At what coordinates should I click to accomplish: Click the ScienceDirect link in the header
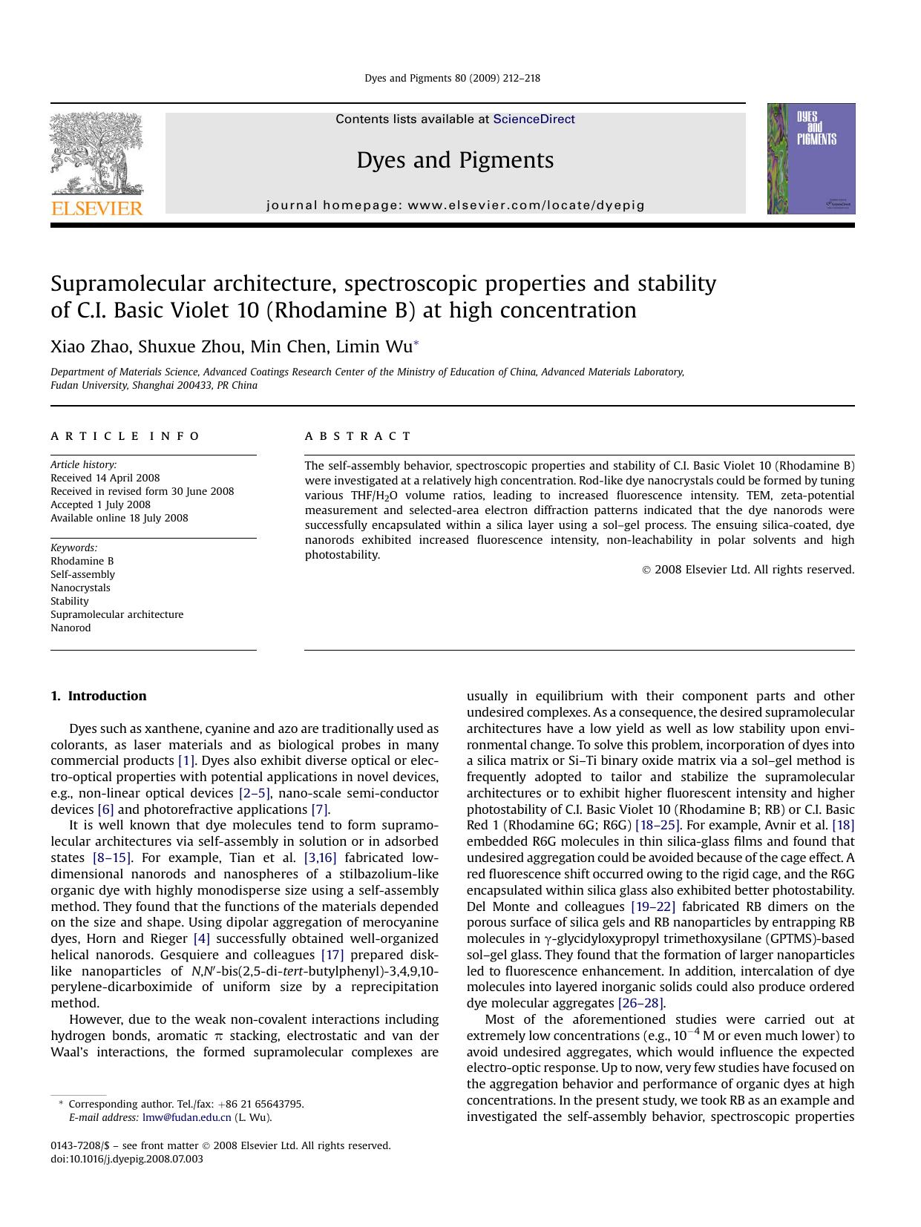tap(534, 119)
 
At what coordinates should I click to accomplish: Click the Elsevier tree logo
tap(96, 154)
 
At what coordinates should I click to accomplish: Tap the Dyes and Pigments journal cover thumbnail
tap(810, 159)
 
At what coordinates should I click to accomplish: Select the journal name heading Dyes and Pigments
tap(455, 160)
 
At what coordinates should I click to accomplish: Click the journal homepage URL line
tap(455, 205)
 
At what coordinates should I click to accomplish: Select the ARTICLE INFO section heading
tap(125, 436)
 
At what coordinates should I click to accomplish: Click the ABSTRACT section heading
tap(358, 436)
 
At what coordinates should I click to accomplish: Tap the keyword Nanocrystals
tap(80, 588)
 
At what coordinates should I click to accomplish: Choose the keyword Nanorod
tap(71, 628)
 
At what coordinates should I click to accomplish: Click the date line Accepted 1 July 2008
tap(100, 504)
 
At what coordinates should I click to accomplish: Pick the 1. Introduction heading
tap(98, 696)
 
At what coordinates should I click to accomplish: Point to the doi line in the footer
tap(126, 1159)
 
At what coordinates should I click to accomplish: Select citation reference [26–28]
tap(641, 1003)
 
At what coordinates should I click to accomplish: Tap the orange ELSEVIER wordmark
tap(96, 208)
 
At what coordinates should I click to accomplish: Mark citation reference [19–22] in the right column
tap(653, 907)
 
